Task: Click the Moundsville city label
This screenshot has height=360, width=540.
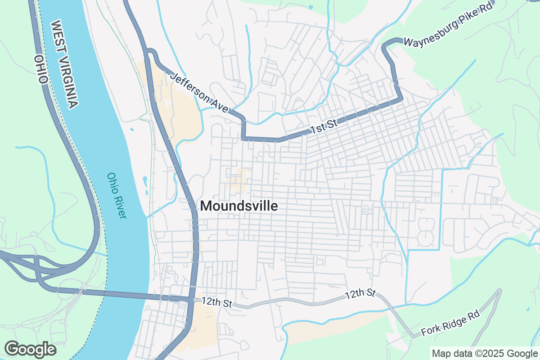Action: click(x=239, y=206)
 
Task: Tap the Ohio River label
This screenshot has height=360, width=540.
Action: click(x=117, y=196)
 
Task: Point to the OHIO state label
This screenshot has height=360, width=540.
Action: click(x=40, y=70)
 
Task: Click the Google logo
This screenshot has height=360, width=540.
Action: click(x=31, y=349)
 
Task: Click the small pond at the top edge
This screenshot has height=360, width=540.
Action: click(x=310, y=7)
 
